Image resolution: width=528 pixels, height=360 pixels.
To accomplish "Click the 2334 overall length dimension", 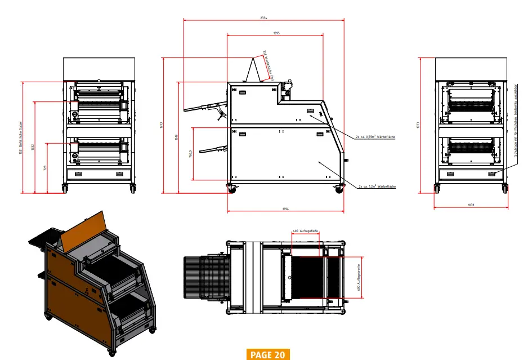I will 263,18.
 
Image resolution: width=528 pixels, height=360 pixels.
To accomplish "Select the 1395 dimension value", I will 276,33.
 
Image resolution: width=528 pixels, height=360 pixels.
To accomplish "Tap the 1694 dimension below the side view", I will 285,210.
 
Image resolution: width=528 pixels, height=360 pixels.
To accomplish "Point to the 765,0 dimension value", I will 191,153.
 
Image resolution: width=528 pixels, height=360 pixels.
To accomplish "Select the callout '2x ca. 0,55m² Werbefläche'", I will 375,136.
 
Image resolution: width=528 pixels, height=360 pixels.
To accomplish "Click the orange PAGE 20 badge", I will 268,354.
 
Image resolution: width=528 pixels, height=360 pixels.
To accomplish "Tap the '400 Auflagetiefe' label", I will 306,231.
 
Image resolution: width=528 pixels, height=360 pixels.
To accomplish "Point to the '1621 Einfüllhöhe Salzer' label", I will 20,138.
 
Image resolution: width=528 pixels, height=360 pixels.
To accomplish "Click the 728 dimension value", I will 46,167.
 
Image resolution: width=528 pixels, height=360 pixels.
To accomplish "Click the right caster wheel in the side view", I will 339,189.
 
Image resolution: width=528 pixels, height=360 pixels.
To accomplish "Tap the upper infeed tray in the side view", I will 203,106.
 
